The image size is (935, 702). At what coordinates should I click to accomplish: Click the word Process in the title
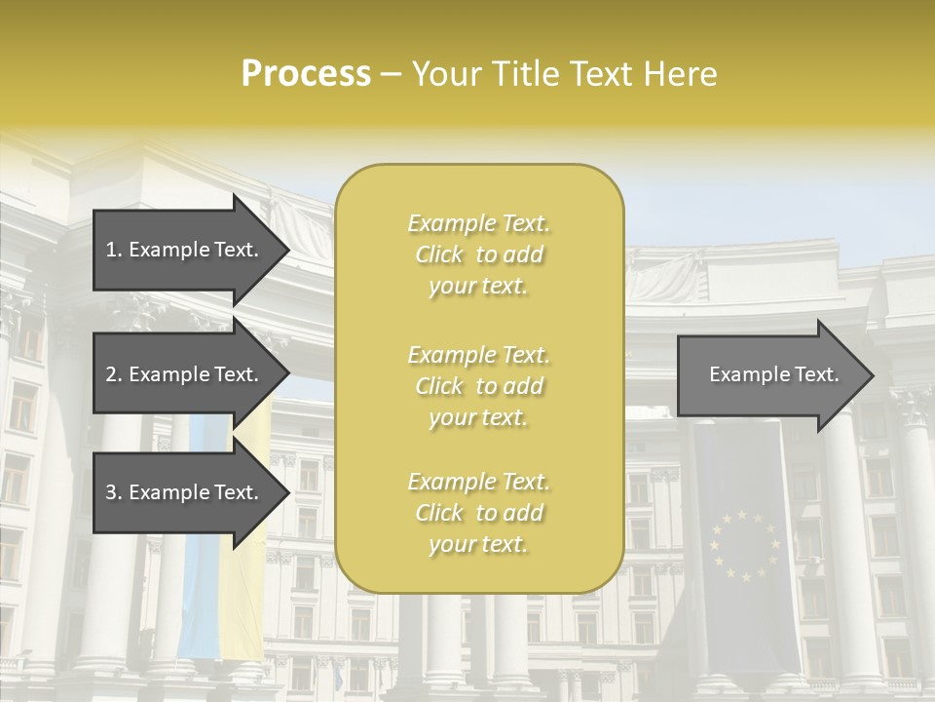click(306, 74)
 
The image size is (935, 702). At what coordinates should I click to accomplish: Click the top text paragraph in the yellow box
click(479, 254)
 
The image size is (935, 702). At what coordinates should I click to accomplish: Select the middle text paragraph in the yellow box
click(479, 386)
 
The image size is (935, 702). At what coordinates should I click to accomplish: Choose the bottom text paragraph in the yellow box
click(479, 513)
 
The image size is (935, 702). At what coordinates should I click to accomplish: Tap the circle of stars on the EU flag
click(744, 546)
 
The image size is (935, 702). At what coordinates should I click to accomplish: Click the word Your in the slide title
click(445, 74)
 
